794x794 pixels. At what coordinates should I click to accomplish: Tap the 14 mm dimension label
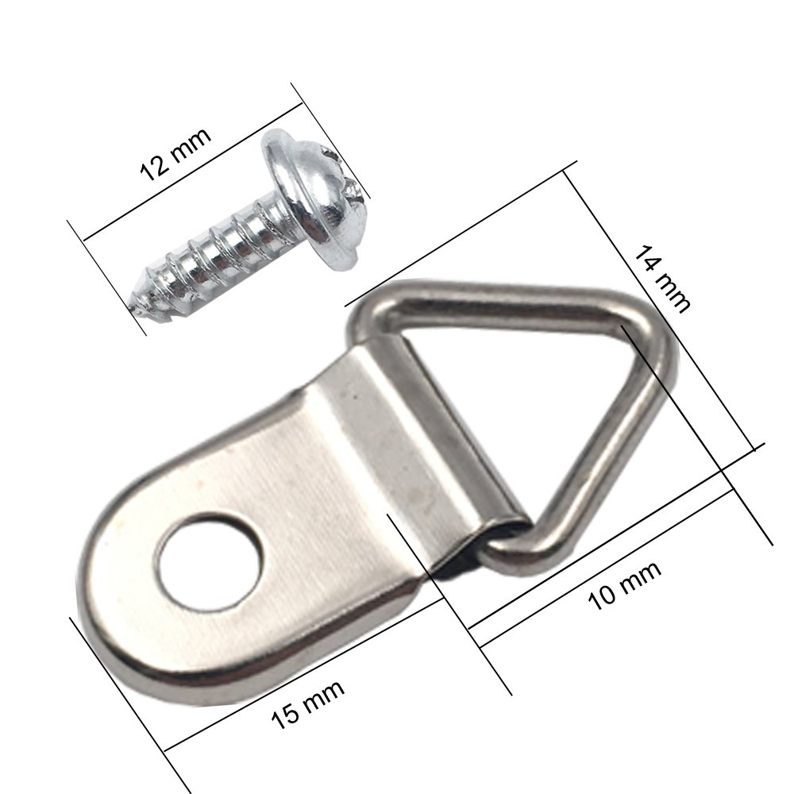(661, 278)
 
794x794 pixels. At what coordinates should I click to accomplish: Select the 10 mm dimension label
(625, 586)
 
